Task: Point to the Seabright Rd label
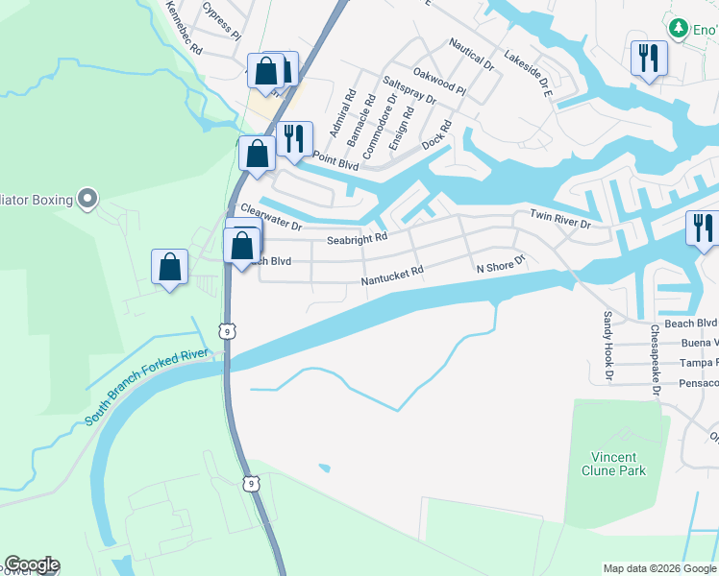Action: (x=357, y=238)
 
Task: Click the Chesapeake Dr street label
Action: (x=655, y=359)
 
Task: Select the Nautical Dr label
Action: (x=471, y=55)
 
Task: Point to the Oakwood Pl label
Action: (x=438, y=81)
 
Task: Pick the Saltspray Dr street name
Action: (x=409, y=91)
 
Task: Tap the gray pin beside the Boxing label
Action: (x=87, y=200)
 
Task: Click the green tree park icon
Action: (x=680, y=28)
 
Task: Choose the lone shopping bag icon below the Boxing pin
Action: (x=169, y=268)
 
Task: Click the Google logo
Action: (x=32, y=564)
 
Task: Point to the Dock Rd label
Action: (x=436, y=135)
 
